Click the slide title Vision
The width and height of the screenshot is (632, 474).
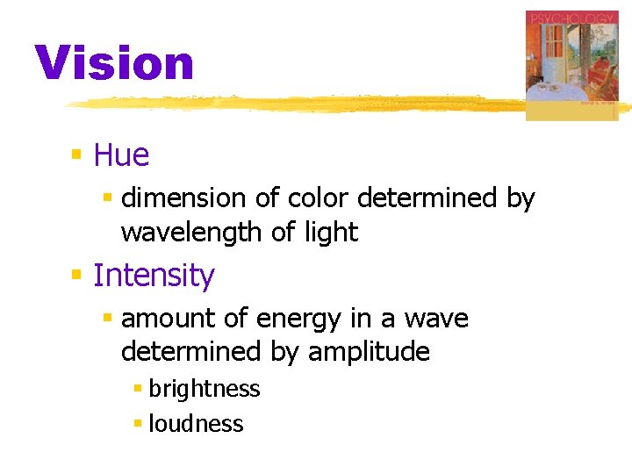114,63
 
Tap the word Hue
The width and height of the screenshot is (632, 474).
121,155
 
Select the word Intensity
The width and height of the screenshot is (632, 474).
154,276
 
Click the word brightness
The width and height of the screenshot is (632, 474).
204,389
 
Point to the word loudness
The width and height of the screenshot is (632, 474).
196,424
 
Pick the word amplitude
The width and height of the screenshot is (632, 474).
369,352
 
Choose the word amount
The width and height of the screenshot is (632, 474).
166,318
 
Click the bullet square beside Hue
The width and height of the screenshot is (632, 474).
76,155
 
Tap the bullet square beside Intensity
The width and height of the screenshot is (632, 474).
76,276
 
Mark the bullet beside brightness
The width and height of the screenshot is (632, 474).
137,389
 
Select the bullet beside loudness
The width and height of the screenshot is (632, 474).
137,424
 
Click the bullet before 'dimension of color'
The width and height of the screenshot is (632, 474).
107,199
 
